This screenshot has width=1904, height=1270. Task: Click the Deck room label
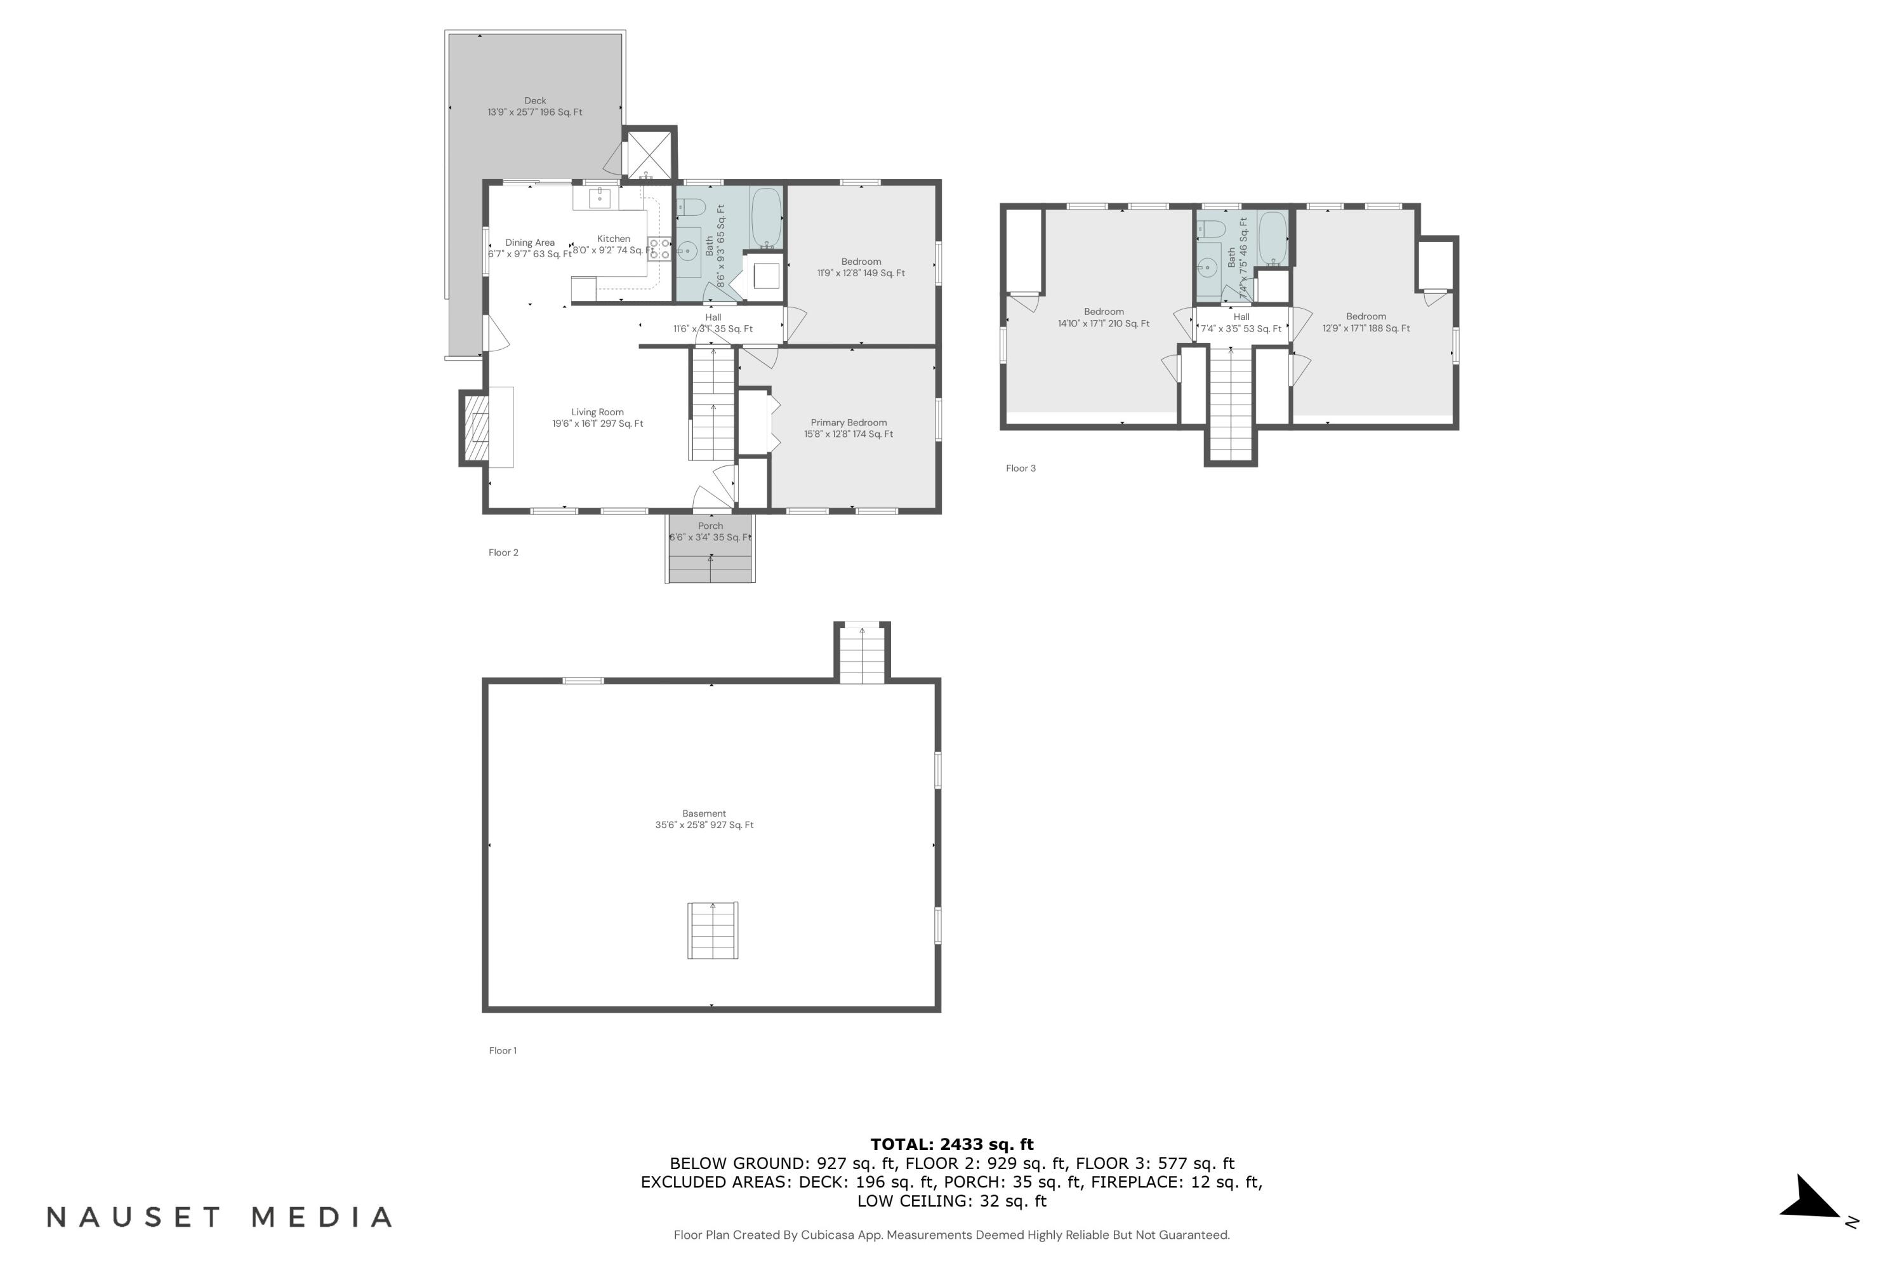point(534,106)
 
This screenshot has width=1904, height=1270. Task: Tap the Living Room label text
point(597,417)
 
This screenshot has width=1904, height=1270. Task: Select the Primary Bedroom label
point(849,427)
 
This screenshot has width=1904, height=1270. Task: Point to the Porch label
point(710,530)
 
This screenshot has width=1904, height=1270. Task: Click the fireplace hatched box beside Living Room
point(476,427)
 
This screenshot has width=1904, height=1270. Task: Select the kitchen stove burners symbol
point(659,249)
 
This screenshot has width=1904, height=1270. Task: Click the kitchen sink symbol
point(599,197)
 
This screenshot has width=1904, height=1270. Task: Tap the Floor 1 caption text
point(502,1050)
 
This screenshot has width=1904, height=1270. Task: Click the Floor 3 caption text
point(1020,468)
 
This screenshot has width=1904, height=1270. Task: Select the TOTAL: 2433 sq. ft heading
point(951,1144)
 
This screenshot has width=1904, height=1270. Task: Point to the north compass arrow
point(1813,1200)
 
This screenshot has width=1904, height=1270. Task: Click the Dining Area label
point(529,248)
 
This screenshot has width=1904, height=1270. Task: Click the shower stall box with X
point(649,154)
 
